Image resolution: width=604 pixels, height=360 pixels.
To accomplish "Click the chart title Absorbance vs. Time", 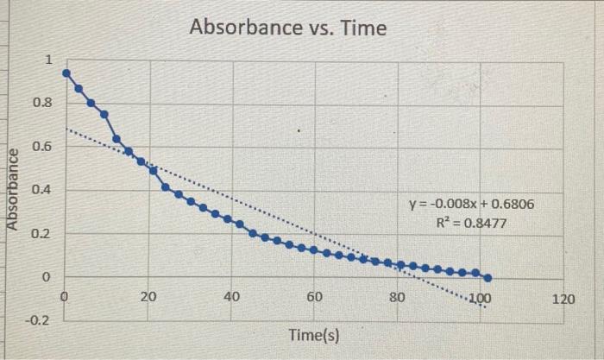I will tap(288, 28).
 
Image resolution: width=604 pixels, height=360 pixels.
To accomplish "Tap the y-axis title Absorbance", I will tap(13, 189).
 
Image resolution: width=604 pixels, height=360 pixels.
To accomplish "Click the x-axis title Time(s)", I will tap(313, 334).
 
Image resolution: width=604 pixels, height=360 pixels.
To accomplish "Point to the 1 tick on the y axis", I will tap(49, 60).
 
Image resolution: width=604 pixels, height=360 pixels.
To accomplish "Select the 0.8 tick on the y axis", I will tap(42, 103).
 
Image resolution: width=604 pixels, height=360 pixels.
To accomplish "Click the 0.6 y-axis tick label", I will tap(42, 147).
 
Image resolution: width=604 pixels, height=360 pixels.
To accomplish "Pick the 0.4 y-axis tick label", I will tap(42, 190).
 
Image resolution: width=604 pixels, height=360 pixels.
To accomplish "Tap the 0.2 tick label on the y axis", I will tap(42, 234).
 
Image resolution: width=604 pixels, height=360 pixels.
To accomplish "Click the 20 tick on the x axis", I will tap(148, 298).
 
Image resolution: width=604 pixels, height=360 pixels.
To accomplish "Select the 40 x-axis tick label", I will tap(231, 298).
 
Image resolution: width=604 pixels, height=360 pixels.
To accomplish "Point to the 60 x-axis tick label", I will tap(314, 298).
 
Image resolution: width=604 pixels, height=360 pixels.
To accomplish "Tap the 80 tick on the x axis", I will tap(397, 298).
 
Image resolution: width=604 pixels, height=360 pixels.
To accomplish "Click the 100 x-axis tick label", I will tap(479, 298).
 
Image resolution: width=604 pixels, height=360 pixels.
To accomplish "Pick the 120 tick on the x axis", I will tap(562, 298).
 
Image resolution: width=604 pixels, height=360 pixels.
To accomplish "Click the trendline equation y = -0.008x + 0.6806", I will tap(469, 205).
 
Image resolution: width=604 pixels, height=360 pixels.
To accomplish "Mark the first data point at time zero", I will tap(66, 73).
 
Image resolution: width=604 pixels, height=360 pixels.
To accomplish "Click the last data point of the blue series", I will tap(488, 278).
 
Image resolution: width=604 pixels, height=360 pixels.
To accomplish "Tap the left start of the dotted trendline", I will tap(68, 129).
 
